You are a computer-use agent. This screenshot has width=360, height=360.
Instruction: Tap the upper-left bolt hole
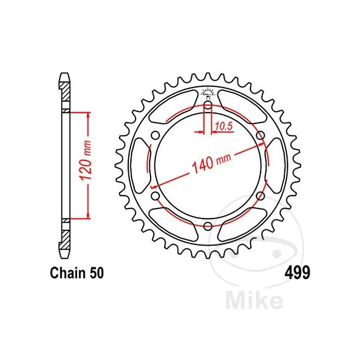coord(156,136)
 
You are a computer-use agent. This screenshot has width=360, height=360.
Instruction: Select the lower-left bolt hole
coord(156,196)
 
